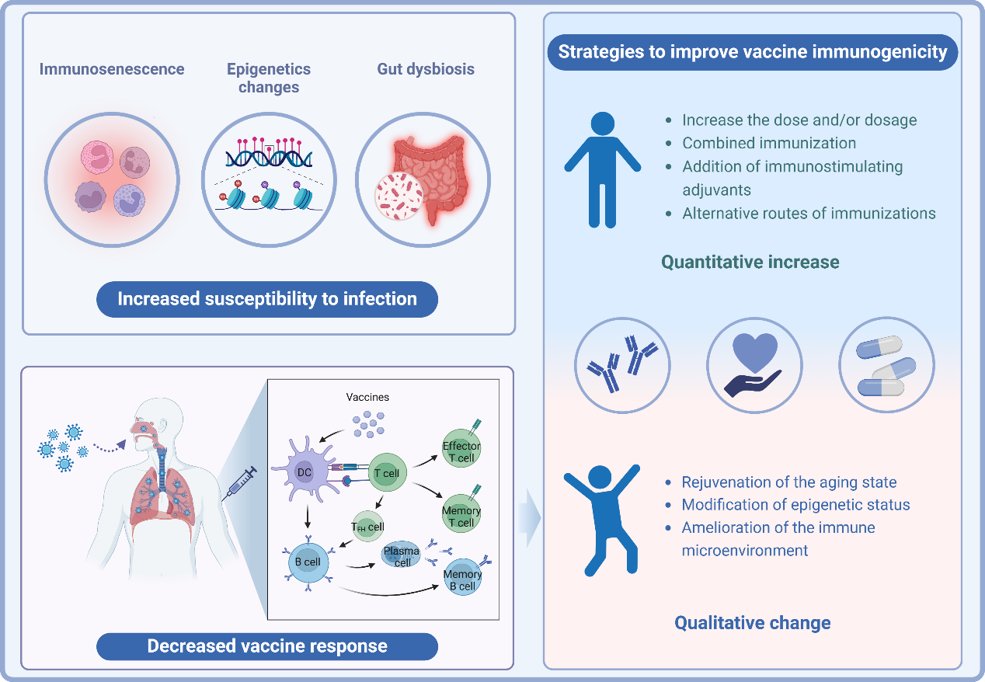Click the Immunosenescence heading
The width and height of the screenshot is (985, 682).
112,69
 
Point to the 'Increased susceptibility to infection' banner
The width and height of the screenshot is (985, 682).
267,299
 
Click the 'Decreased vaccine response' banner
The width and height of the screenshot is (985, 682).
267,646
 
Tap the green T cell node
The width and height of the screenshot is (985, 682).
386,473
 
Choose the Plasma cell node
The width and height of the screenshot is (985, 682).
402,556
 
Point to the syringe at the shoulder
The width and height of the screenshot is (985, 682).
242,483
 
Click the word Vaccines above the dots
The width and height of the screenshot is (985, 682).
367,397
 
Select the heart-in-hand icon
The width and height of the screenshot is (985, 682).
754,365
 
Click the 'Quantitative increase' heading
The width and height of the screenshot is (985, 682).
750,262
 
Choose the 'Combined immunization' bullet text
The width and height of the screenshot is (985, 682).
769,143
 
